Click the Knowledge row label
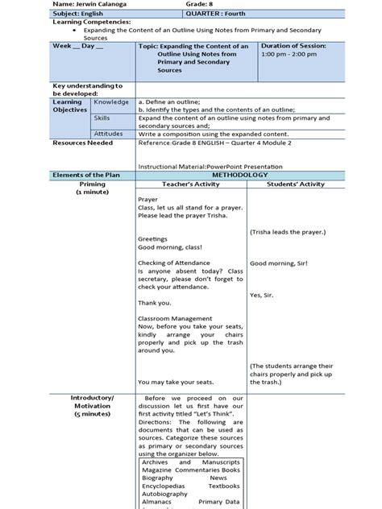(x=110, y=102)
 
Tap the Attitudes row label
(x=109, y=133)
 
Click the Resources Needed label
(x=82, y=143)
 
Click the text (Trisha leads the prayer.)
(x=288, y=231)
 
